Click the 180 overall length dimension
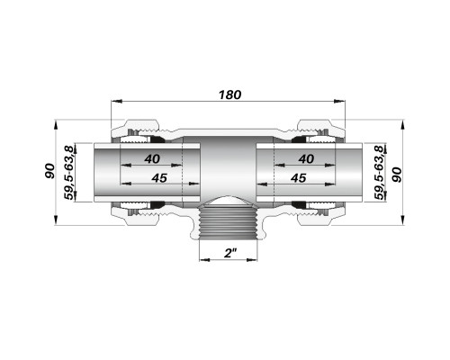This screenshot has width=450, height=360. (229, 94)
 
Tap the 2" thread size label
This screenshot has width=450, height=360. (229, 254)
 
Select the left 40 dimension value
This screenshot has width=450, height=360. (152, 158)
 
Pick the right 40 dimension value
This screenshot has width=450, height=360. (306, 158)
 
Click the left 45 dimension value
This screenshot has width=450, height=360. (159, 178)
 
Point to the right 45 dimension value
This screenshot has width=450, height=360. (299, 178)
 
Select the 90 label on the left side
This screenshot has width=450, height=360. (49, 171)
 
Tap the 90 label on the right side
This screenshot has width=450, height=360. (397, 175)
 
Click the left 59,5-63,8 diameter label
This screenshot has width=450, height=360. (69, 173)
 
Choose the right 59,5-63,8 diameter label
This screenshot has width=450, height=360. (379, 173)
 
